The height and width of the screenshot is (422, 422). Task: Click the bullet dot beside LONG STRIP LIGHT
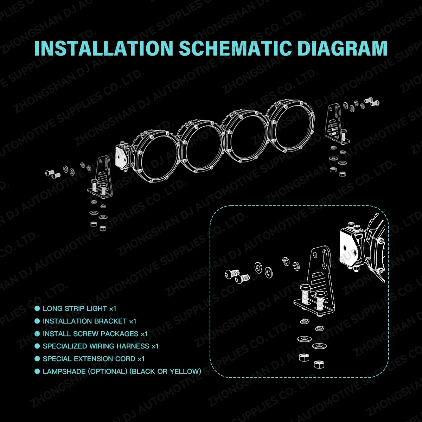click(37, 308)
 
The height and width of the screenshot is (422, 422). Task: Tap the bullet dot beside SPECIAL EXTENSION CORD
click(37, 359)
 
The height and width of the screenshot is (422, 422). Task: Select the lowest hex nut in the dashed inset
click(319, 364)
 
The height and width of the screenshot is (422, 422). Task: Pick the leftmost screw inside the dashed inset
click(232, 274)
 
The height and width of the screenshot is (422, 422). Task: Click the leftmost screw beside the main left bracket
click(50, 173)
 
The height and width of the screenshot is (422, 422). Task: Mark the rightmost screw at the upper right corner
click(375, 103)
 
